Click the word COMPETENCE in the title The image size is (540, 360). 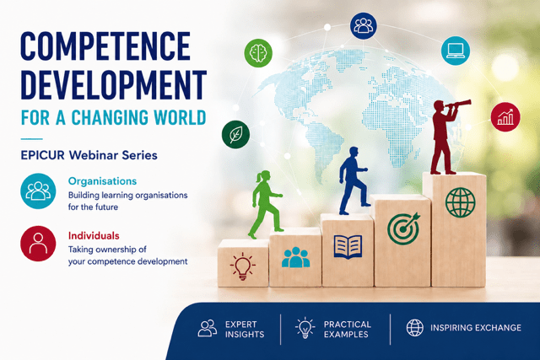point(105,46)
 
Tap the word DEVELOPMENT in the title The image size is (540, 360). point(114,84)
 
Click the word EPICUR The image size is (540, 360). point(43,155)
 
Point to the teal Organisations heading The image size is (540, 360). point(102,181)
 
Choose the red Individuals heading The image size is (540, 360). point(94,236)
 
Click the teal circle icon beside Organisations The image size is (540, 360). point(38,191)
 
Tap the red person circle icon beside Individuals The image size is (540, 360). point(38,244)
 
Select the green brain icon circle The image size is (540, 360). point(258,53)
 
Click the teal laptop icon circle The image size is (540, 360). point(456,51)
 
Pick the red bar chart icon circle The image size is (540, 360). point(505,117)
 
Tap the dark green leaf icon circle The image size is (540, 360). point(236,134)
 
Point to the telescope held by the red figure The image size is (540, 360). point(458,103)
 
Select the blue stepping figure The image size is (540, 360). point(354,180)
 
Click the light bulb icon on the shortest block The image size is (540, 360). point(243,266)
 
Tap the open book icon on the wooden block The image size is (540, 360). point(348,246)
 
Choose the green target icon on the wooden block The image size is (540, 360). point(403,228)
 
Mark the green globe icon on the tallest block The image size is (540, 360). point(460,202)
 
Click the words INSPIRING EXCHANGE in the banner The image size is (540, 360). point(476,328)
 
